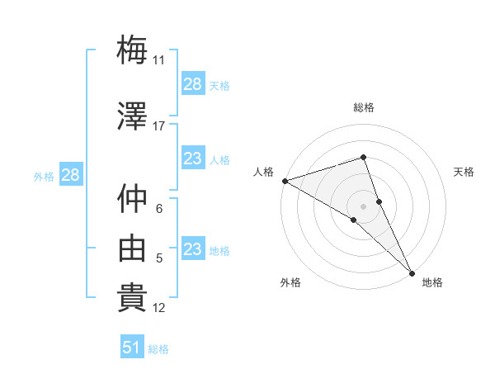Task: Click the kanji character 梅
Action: [132, 50]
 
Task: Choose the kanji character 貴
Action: [132, 299]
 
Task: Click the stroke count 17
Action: [159, 125]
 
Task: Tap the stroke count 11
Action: [159, 59]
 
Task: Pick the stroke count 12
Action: [159, 308]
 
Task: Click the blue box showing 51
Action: [132, 348]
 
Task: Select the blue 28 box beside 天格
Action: [193, 84]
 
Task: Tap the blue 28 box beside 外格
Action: [70, 175]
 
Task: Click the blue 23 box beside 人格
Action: [193, 159]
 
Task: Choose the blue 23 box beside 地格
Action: [193, 249]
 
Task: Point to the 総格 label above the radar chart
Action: [364, 107]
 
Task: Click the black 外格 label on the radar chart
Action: [290, 282]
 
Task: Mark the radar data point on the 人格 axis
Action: [285, 181]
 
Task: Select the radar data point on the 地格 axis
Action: [411, 273]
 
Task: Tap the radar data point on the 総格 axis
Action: [364, 157]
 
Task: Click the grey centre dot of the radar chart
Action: [364, 206]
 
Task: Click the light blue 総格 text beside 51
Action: [158, 349]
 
